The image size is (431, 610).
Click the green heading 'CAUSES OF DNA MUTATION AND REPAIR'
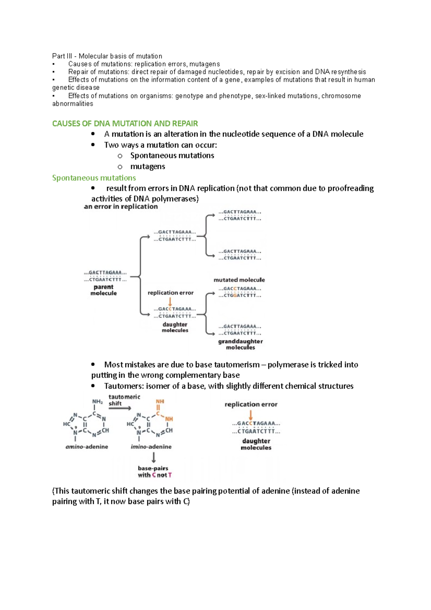(x=125, y=124)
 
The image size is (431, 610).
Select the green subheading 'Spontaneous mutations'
(x=94, y=178)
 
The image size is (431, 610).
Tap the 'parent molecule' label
(x=103, y=290)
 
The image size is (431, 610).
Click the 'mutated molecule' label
(x=239, y=280)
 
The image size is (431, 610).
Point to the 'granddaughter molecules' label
(x=240, y=344)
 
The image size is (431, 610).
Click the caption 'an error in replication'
(x=121, y=207)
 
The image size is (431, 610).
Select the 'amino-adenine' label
(x=87, y=447)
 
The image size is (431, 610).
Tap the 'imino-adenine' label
(x=151, y=447)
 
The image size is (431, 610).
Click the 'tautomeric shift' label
(x=124, y=400)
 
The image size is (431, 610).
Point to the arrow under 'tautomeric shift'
(x=120, y=408)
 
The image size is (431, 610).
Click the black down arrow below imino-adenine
(x=154, y=457)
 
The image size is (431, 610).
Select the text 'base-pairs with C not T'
(x=154, y=472)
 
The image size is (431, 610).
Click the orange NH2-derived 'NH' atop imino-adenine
(x=160, y=402)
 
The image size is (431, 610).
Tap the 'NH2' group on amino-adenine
(x=97, y=402)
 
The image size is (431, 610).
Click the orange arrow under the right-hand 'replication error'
(x=251, y=415)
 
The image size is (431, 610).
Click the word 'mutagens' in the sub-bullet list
(x=148, y=167)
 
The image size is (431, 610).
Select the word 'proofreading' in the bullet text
(x=351, y=188)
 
